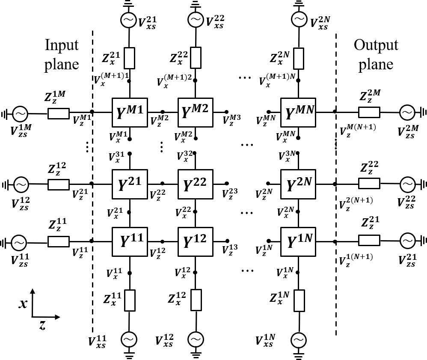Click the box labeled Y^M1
[x=130, y=113]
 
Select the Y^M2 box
[x=196, y=113]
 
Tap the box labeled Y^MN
[x=298, y=113]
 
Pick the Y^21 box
[x=130, y=184]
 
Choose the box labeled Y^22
[x=196, y=184]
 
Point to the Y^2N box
[x=298, y=184]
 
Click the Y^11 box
[x=130, y=242]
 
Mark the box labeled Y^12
[x=196, y=242]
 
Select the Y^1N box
[x=298, y=242]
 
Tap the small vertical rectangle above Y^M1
[x=129, y=58]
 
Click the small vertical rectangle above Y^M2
[x=196, y=58]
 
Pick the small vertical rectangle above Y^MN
[x=299, y=59]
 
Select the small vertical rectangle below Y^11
[x=130, y=300]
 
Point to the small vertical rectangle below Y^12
[x=196, y=300]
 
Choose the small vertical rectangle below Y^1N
[x=299, y=300]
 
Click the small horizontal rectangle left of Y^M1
[x=59, y=113]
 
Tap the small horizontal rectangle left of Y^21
[x=59, y=184]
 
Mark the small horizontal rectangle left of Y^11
[x=59, y=241]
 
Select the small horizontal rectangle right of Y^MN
[x=369, y=112]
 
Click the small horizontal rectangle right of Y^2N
[x=369, y=183]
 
